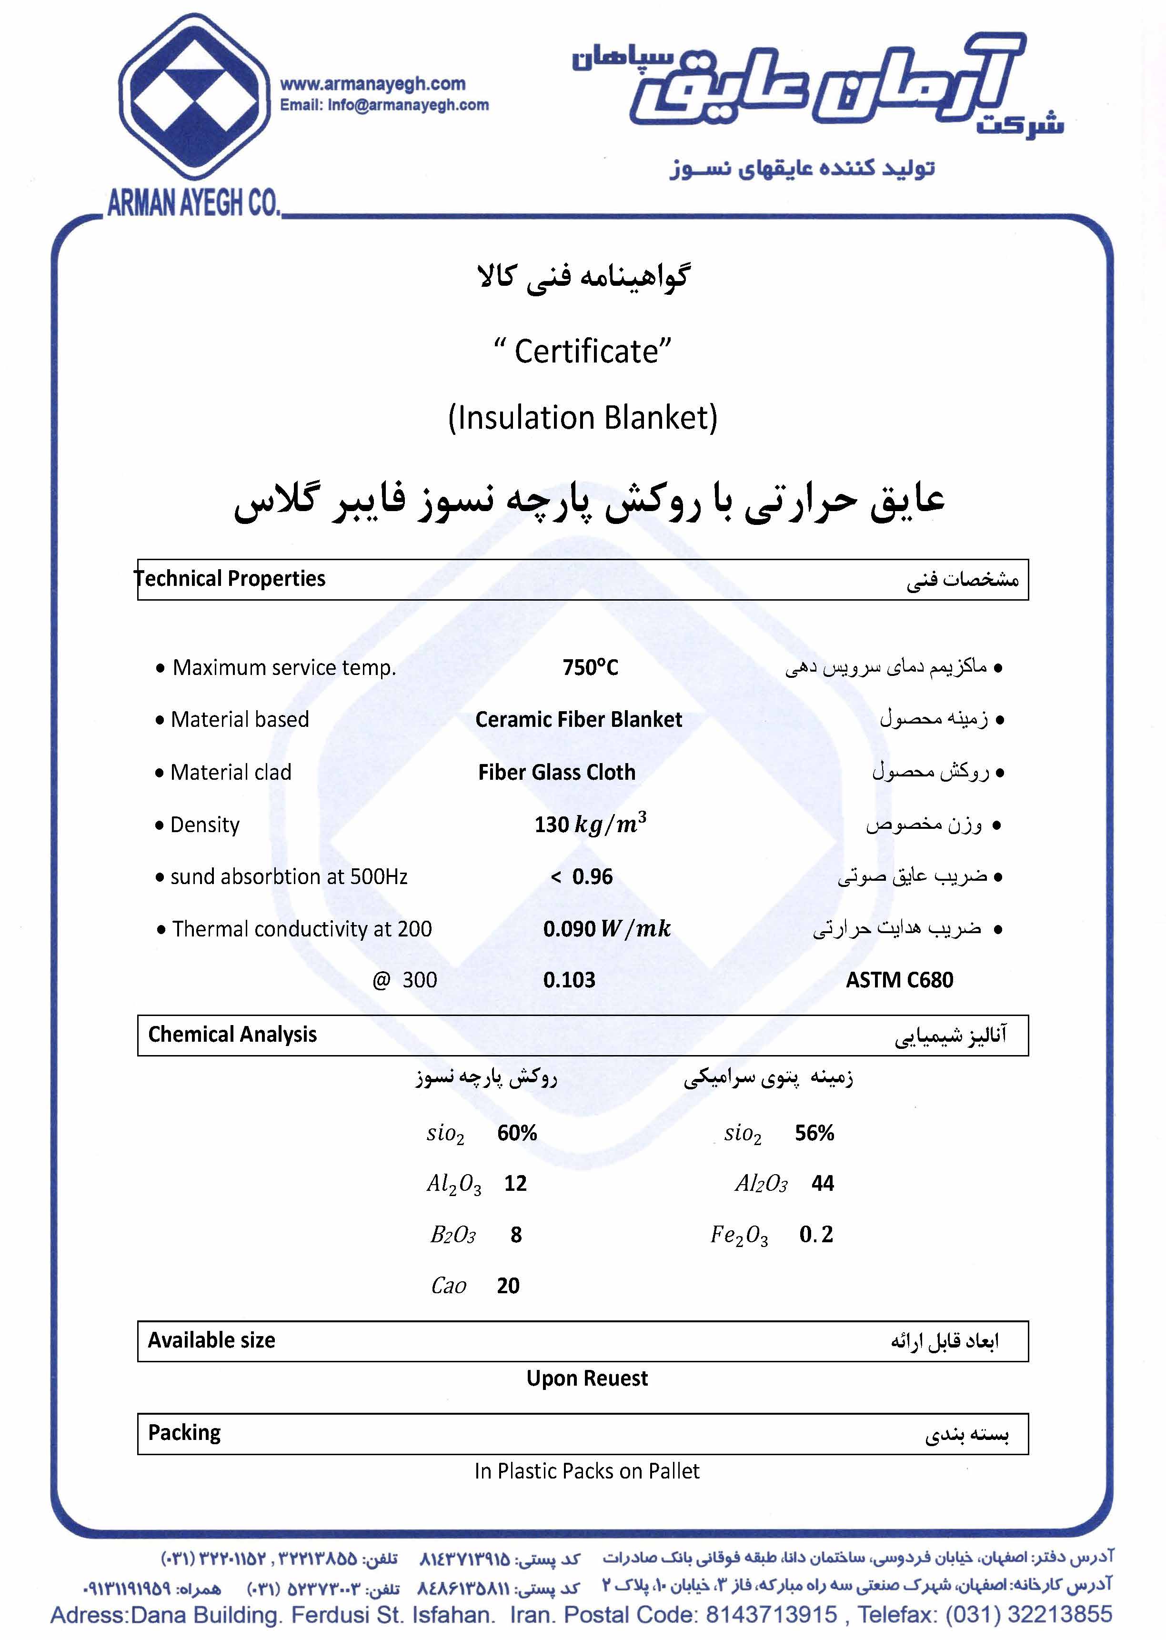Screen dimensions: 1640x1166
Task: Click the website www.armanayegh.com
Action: [372, 84]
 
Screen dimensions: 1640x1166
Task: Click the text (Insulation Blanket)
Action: [582, 418]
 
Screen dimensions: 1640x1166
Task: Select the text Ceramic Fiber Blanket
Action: [579, 719]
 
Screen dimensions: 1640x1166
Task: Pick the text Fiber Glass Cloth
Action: [556, 773]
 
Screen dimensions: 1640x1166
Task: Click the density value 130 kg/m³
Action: [590, 824]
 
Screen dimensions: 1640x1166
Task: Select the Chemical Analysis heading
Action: [232, 1035]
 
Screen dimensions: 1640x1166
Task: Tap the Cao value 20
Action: [508, 1285]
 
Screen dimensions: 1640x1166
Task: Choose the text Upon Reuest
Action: [587, 1378]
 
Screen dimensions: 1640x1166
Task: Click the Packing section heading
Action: [184, 1432]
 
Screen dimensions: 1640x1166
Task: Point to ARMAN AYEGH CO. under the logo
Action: [193, 204]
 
